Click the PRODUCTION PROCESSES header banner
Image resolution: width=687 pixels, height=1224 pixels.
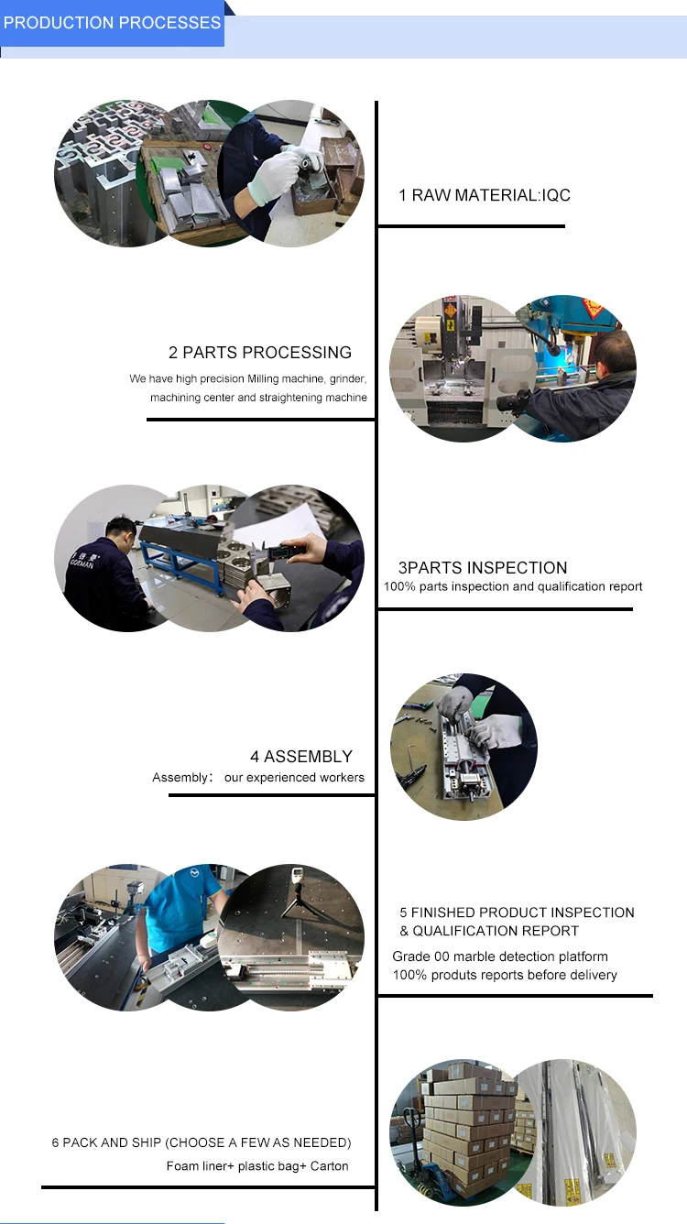(112, 23)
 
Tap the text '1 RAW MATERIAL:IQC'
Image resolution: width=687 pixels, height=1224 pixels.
(485, 195)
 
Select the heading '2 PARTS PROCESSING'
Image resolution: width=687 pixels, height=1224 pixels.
(259, 353)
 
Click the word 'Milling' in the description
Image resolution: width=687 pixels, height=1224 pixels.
(263, 378)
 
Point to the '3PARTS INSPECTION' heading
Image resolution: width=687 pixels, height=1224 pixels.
(483, 568)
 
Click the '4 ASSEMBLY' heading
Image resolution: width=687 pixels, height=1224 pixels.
(301, 756)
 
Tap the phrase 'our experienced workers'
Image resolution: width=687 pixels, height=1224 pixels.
(294, 778)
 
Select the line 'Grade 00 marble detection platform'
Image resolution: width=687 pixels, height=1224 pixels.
(500, 956)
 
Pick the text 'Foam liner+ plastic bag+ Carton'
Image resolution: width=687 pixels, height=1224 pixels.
(257, 1166)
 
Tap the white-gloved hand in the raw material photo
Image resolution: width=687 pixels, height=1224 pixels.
(273, 175)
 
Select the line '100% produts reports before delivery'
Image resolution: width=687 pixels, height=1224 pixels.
(505, 975)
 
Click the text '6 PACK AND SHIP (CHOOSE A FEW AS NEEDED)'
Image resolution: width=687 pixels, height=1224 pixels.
(202, 1142)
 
